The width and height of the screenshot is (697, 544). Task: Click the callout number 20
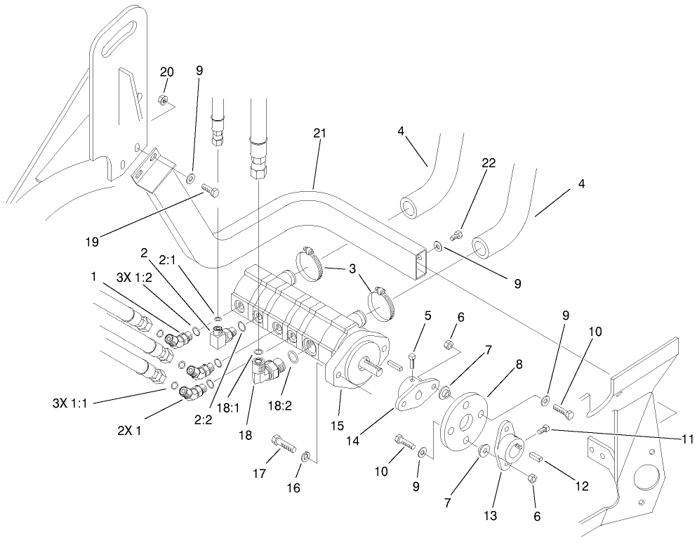(x=166, y=72)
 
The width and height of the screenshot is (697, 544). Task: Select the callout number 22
(x=489, y=163)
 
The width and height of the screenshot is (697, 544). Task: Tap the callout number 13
(x=489, y=515)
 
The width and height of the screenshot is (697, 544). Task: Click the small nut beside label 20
(x=162, y=100)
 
